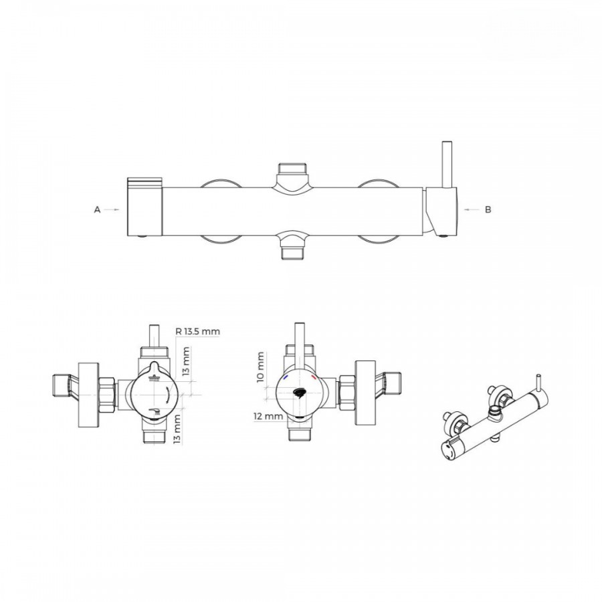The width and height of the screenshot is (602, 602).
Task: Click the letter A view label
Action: click(97, 209)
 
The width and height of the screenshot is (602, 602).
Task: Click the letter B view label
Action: click(488, 209)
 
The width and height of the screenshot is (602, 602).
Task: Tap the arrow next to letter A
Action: click(112, 209)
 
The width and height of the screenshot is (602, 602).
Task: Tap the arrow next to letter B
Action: click(472, 209)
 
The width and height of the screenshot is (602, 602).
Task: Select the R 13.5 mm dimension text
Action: click(198, 331)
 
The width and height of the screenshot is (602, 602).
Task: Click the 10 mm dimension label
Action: click(261, 367)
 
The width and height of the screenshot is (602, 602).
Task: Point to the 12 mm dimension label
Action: click(268, 416)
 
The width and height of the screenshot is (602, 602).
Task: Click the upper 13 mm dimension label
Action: click(186, 361)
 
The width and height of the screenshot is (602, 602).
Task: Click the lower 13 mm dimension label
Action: click(177, 429)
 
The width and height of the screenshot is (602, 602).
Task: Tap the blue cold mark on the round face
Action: click(286, 378)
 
